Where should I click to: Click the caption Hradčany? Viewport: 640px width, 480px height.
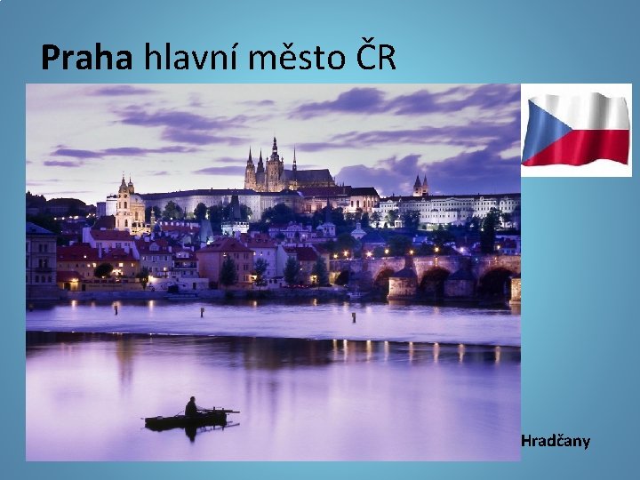tap(555, 441)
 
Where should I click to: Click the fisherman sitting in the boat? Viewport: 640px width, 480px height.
tap(190, 407)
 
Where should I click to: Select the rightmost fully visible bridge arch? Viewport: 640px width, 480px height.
tap(494, 284)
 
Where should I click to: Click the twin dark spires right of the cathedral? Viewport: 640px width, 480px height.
tap(420, 184)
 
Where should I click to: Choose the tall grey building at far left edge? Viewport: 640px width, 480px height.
tap(39, 258)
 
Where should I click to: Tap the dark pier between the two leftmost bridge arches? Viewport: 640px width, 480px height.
tap(404, 284)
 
